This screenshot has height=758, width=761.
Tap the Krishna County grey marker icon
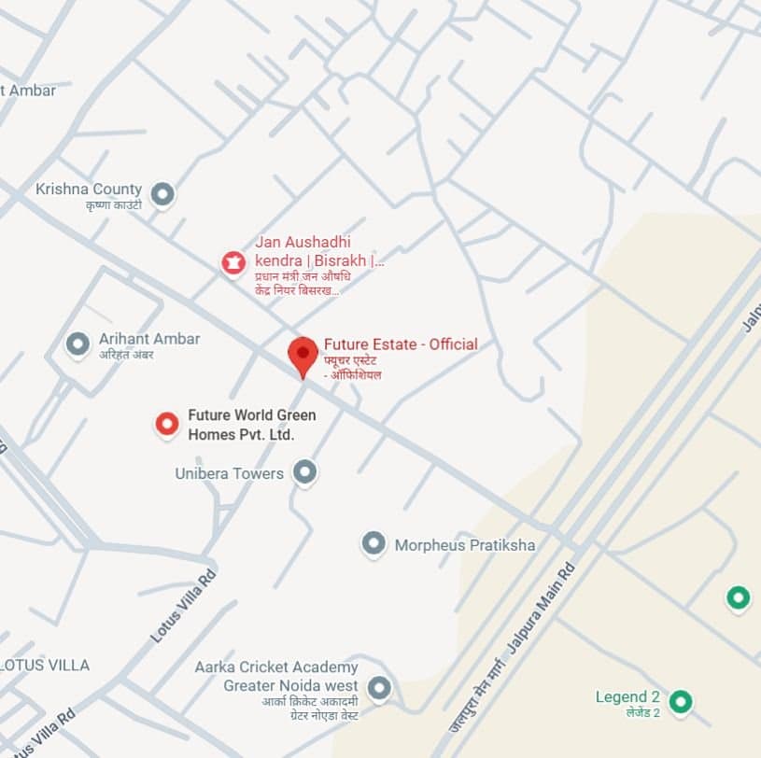pyautogui.click(x=163, y=194)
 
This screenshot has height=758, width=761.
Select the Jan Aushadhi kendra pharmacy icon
pyautogui.click(x=232, y=262)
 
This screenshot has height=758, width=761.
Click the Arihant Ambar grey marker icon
pyautogui.click(x=78, y=344)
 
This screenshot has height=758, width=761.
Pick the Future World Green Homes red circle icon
pyautogui.click(x=167, y=425)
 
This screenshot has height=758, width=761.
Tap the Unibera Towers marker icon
pyautogui.click(x=304, y=472)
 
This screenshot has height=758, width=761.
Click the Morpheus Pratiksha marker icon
pyautogui.click(x=373, y=543)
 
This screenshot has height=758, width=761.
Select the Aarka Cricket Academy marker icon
pyautogui.click(x=378, y=689)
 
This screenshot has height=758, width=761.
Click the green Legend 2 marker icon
pyautogui.click(x=681, y=699)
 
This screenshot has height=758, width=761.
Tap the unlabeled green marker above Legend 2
pyautogui.click(x=738, y=597)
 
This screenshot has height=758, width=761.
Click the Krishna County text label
pyautogui.click(x=89, y=189)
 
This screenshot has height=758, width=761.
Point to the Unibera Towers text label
pyautogui.click(x=229, y=473)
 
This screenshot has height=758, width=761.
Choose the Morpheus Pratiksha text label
pyautogui.click(x=465, y=544)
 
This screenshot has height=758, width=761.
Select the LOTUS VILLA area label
pyautogui.click(x=45, y=665)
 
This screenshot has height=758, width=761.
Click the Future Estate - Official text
pyautogui.click(x=401, y=344)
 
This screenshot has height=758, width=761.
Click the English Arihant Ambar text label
pyautogui.click(x=149, y=339)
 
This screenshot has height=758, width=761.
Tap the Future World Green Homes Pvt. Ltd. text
pyautogui.click(x=252, y=425)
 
